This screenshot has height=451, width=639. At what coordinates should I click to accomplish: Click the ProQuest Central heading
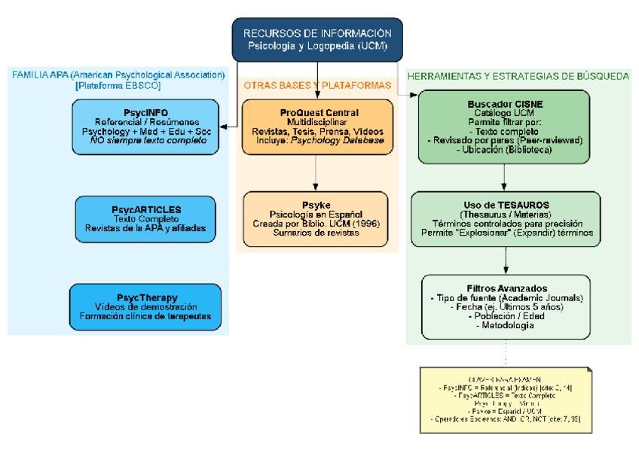point(317,111)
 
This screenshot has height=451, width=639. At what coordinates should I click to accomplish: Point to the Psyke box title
point(317,204)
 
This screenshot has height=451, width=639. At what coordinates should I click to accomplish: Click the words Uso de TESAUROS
point(505,204)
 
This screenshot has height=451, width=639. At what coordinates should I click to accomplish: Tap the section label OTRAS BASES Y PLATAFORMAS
point(317,85)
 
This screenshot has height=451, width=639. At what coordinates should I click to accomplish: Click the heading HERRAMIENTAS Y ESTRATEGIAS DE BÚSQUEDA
point(518,76)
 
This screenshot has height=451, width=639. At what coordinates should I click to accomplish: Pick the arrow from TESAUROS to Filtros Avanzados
point(505,261)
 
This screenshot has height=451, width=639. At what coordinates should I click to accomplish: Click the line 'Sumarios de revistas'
point(317,233)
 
